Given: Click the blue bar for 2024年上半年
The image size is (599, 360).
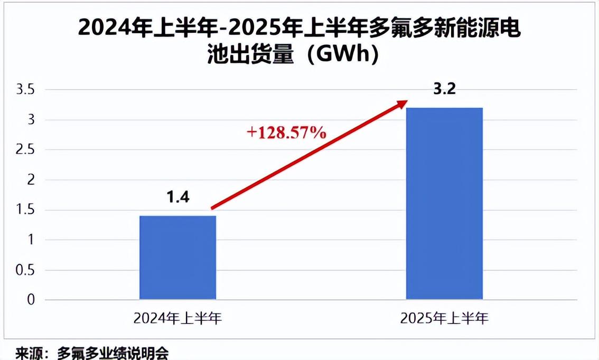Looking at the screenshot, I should tap(177, 257).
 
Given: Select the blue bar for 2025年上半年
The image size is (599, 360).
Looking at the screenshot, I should tap(444, 203).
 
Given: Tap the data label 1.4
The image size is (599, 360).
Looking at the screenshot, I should tap(177, 197).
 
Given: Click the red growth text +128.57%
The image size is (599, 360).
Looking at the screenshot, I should tap(287, 132).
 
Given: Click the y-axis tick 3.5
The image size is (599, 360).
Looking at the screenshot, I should tap(25, 90).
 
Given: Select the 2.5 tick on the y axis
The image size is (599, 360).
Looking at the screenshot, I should tap(25, 150).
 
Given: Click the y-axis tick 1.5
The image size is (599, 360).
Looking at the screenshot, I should tap(25, 211).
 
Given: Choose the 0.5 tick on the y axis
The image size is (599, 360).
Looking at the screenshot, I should tap(25, 270).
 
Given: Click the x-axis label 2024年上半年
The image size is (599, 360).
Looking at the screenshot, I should tap(177, 318).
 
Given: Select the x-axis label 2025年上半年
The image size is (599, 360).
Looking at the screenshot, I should tap(444, 318).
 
